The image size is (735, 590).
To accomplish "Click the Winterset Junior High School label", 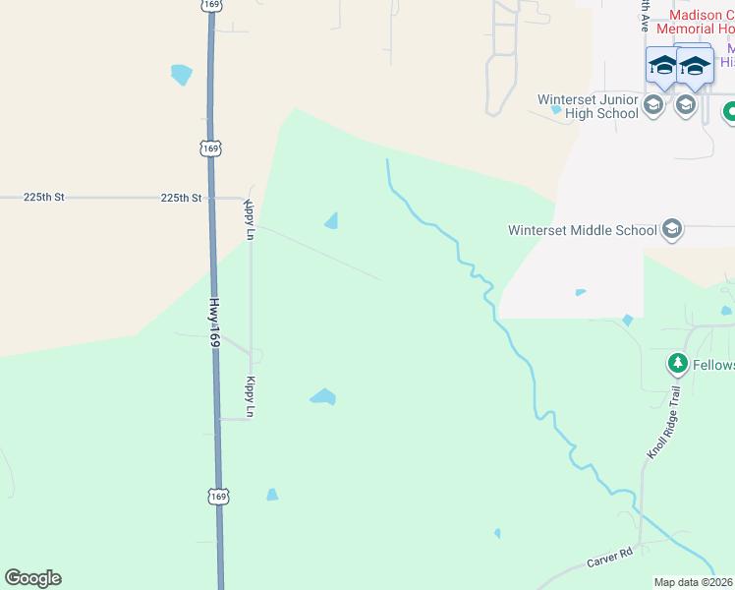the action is (x=588, y=106).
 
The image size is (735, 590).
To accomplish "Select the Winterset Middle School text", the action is (x=582, y=231).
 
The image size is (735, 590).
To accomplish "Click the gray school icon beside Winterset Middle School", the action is (x=672, y=230).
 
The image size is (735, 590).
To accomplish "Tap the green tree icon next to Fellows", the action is (x=677, y=365).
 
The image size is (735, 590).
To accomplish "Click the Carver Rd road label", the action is (x=609, y=558).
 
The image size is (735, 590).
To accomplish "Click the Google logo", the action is (x=32, y=578).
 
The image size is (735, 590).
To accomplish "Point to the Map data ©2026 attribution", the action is (x=693, y=582).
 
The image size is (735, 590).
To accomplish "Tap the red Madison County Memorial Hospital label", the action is (x=701, y=22).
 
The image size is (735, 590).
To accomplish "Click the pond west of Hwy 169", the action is (x=182, y=75).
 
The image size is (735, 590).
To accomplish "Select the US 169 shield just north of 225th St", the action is (x=209, y=147).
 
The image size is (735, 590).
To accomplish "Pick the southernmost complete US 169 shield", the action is (x=218, y=497).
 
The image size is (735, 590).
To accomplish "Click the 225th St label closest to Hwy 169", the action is (x=181, y=198).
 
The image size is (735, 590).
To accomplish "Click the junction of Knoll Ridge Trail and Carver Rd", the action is (x=642, y=543).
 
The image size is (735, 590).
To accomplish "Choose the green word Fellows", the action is (x=713, y=365).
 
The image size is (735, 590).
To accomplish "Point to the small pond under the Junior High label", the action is (x=556, y=110).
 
